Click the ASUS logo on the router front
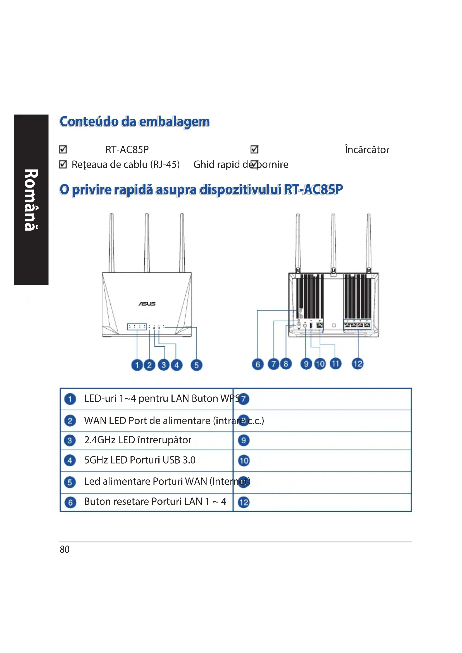coord(147,304)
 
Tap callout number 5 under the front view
coord(196,365)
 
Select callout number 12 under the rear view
coord(358,363)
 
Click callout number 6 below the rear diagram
coord(258,364)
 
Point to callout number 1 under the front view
coord(137,365)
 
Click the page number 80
coord(65,549)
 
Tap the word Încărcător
coord(367,150)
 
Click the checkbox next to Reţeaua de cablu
coord(63,164)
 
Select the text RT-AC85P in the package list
coord(127,150)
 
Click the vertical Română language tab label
coord(31,200)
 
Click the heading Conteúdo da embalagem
coord(135,122)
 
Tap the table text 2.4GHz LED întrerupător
coord(138,440)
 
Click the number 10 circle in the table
coord(244,460)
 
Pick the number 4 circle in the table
coord(70,460)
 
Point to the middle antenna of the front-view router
coord(147,242)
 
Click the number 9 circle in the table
coord(244,440)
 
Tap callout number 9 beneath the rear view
coord(306,364)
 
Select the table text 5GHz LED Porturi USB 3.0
coord(140,460)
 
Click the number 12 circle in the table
coord(244,502)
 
